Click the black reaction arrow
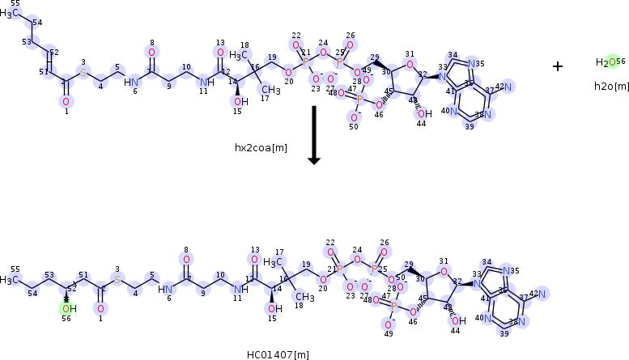click(314, 134)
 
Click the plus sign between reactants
click(558, 66)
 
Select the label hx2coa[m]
click(261, 147)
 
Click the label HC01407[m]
click(278, 354)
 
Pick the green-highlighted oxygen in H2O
click(613, 62)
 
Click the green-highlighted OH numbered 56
click(66, 308)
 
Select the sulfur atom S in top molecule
click(83, 73)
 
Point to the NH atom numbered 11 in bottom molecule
click(238, 289)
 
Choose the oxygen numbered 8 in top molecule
click(151, 53)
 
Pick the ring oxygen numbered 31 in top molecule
click(410, 65)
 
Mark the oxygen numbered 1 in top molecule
click(66, 101)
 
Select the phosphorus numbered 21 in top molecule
click(305, 61)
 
